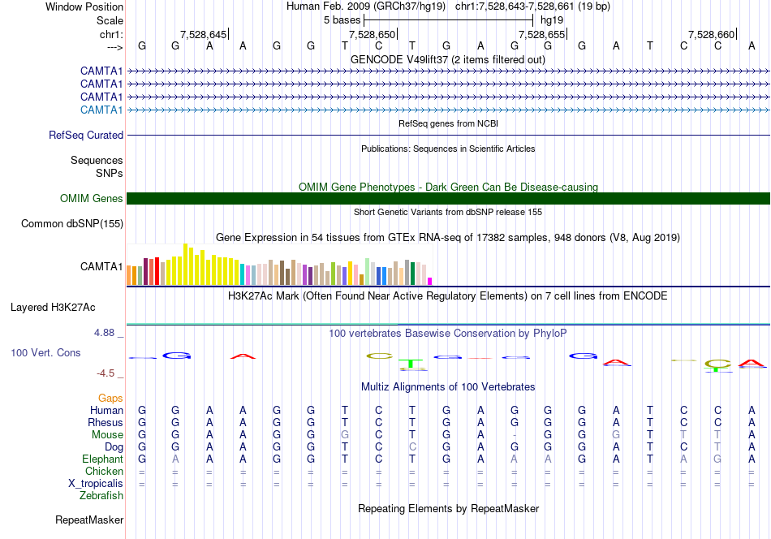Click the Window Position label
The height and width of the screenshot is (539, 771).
pos(84,6)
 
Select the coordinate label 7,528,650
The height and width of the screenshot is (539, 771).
pos(372,34)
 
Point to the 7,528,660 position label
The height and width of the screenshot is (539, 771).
pos(711,34)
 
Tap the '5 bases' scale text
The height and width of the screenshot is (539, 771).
pos(342,20)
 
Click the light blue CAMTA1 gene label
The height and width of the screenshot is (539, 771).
pos(101,110)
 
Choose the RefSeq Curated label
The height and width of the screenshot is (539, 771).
pos(86,136)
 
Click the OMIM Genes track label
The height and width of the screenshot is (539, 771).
pos(92,198)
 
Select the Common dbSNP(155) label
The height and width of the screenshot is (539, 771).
pos(72,224)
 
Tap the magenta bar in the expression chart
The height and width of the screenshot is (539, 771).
pos(430,282)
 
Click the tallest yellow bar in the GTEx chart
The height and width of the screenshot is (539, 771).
pos(185,264)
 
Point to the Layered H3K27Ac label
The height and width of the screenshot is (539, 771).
pos(53,308)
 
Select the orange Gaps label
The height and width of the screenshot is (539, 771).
pos(110,398)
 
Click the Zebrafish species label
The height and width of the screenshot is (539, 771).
pos(101,495)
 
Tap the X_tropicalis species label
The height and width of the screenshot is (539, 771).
pos(96,484)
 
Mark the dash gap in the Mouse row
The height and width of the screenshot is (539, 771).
pos(515,435)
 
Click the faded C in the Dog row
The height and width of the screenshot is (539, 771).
pos(412,446)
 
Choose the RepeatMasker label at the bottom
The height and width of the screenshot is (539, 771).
pos(89,520)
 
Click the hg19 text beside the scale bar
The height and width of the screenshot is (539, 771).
pos(552,20)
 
